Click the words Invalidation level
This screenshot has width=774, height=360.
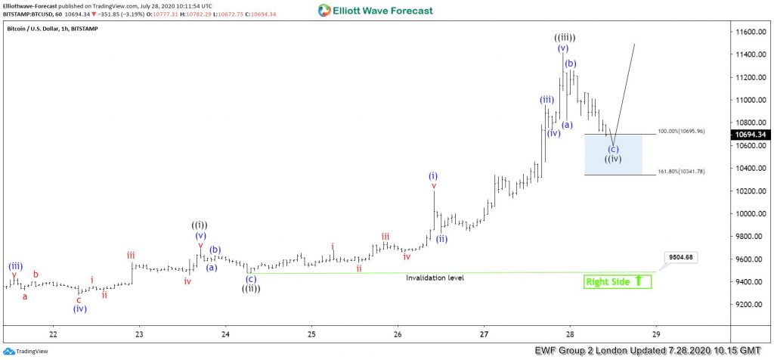pyautogui.click(x=435, y=278)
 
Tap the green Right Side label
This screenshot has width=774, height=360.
pyautogui.click(x=617, y=281)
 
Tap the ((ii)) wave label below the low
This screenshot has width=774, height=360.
pyautogui.click(x=251, y=288)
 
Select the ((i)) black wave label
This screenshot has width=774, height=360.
pyautogui.click(x=200, y=225)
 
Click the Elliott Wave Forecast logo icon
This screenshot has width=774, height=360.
pyautogui.click(x=324, y=11)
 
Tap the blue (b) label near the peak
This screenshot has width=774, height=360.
pyautogui.click(x=571, y=64)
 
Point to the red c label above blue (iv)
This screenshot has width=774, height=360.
pyautogui.click(x=79, y=299)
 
